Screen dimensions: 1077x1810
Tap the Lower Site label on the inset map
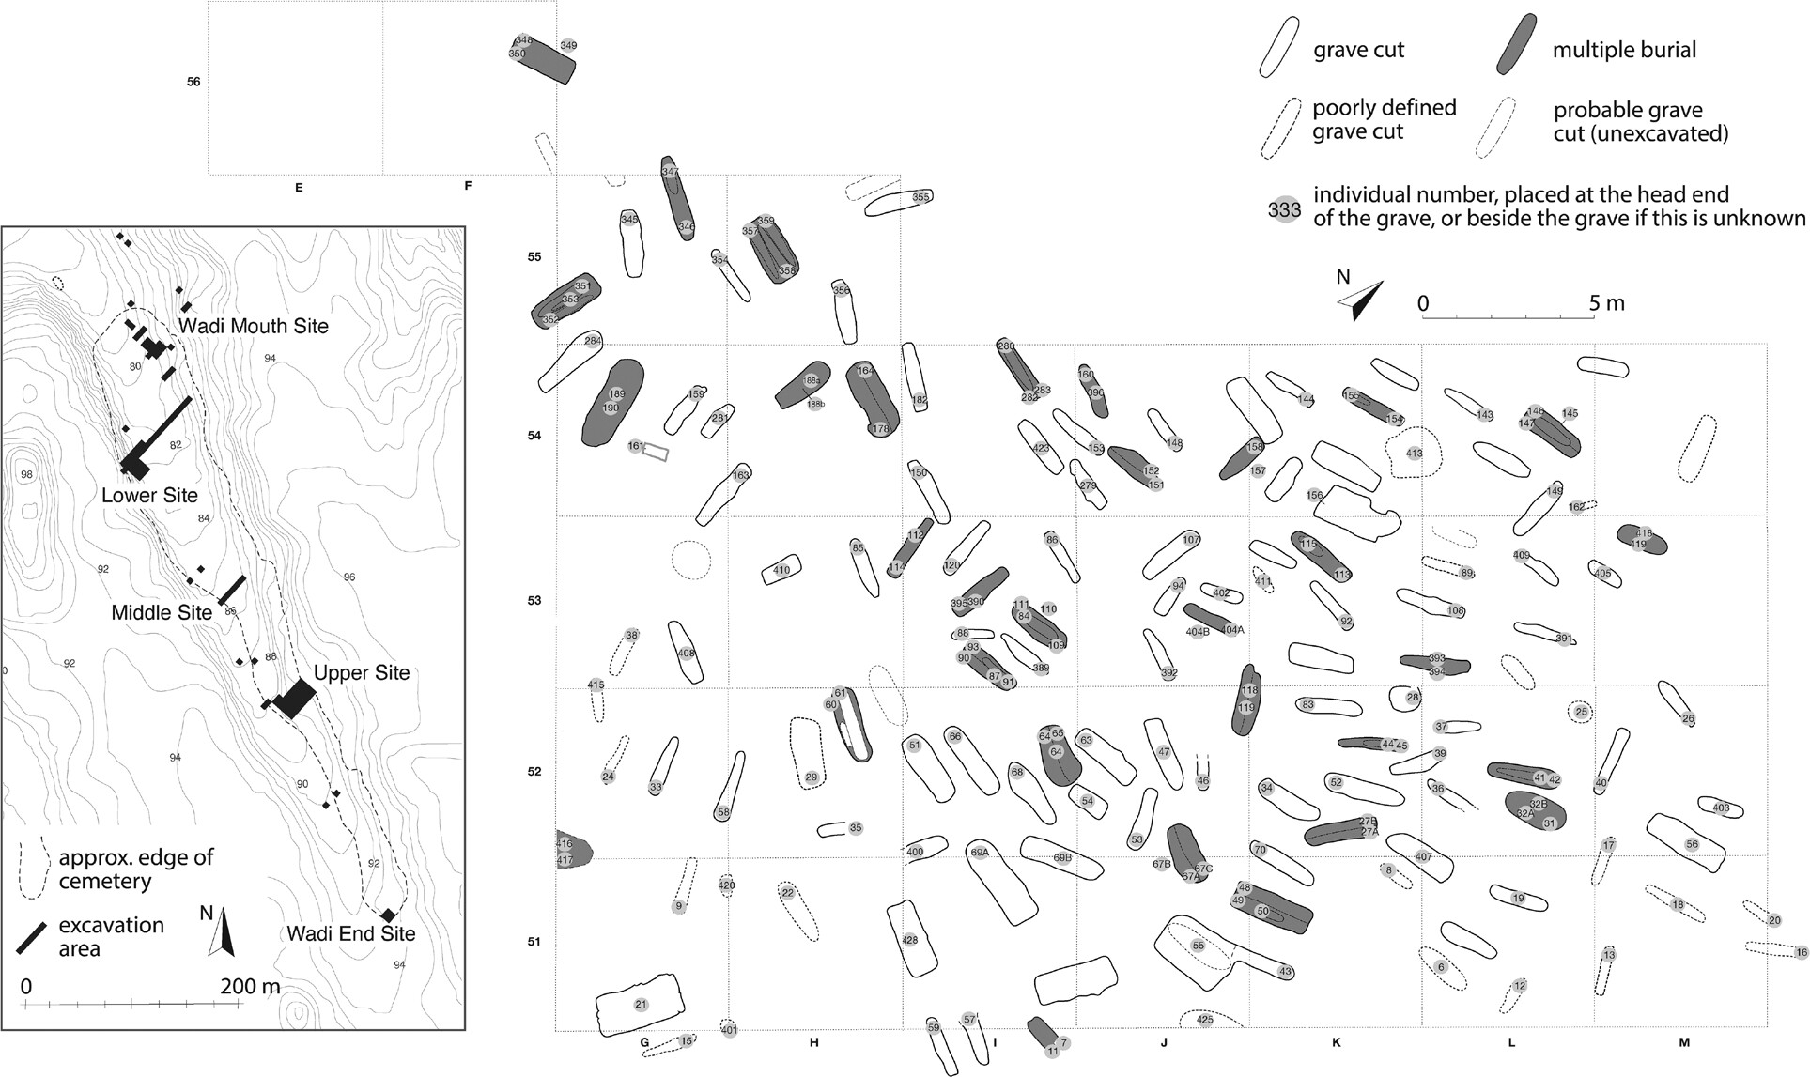[x=149, y=495]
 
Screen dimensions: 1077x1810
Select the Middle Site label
[x=162, y=612]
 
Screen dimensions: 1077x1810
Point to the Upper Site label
[x=362, y=672]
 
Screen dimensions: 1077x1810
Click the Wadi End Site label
[x=350, y=933]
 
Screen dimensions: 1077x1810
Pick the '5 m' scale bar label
[x=1606, y=303]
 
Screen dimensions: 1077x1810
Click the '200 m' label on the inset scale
[x=250, y=987]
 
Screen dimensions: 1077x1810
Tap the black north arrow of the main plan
[x=1360, y=300]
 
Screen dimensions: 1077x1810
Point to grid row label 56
[x=193, y=82]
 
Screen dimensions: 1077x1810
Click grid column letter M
[x=1683, y=1042]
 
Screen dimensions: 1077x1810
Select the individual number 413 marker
[x=1414, y=454]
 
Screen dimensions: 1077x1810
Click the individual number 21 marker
[x=642, y=1005]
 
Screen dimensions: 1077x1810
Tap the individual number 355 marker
[x=920, y=197]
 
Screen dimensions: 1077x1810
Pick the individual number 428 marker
[x=909, y=940]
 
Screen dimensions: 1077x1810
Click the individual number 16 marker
[x=1801, y=953]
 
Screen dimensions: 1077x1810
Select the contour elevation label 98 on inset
[x=26, y=474]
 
